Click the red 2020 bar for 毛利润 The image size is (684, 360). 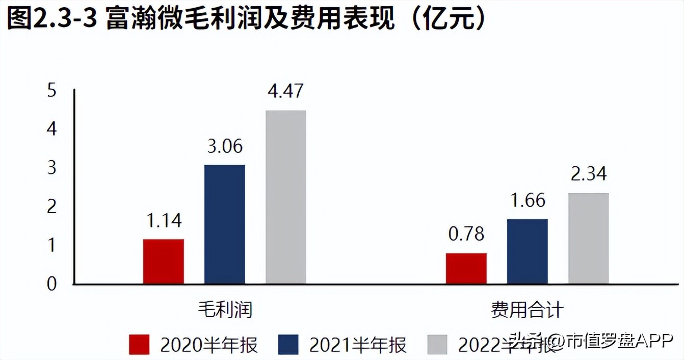(163, 261)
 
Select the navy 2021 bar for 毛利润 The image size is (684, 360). (224, 224)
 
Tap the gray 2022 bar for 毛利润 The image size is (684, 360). (285, 197)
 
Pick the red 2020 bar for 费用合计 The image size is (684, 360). (466, 268)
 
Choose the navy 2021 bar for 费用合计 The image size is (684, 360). (527, 251)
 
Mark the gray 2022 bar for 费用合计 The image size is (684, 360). (588, 238)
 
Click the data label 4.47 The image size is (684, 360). (285, 92)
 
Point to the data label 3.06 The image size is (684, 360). (224, 146)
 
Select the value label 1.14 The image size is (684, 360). (163, 221)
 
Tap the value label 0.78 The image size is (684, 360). (466, 235)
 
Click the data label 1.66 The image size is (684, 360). (527, 200)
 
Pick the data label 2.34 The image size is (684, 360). (588, 174)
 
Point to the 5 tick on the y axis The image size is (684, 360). (51, 91)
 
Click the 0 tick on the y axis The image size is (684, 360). (51, 284)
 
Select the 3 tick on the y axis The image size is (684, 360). (51, 168)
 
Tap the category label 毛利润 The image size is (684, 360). (225, 310)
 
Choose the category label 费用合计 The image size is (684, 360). (527, 310)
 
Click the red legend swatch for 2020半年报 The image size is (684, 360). (139, 345)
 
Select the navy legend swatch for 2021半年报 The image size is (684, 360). (288, 345)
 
